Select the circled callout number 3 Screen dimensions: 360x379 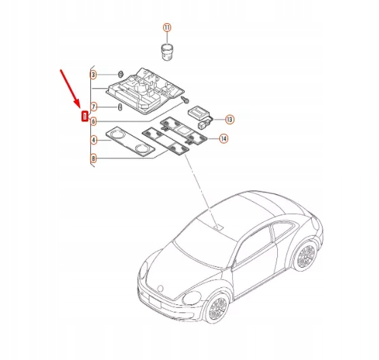[94, 73]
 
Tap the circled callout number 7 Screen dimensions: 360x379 [94, 107]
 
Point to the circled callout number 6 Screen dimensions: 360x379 [94, 121]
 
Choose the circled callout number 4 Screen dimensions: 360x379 [94, 140]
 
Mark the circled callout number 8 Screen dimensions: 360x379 [94, 159]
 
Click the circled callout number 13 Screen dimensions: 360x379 [229, 119]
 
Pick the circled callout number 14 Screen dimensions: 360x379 [223, 139]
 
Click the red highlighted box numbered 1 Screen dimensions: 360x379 [84, 116]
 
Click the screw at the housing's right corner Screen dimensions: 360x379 [184, 99]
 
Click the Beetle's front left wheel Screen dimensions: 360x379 [219, 308]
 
